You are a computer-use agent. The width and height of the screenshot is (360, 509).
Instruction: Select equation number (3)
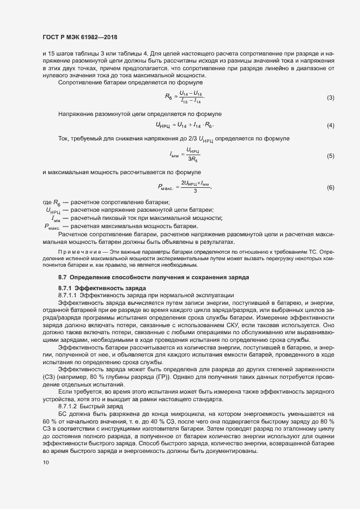click(x=330, y=98)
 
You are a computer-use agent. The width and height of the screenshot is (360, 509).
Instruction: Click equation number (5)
click(x=330, y=156)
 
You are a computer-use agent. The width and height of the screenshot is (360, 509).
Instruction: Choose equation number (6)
click(x=330, y=188)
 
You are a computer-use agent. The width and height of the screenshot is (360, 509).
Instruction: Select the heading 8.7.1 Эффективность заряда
click(x=94, y=287)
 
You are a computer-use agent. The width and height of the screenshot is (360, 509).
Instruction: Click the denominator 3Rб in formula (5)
click(x=192, y=160)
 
